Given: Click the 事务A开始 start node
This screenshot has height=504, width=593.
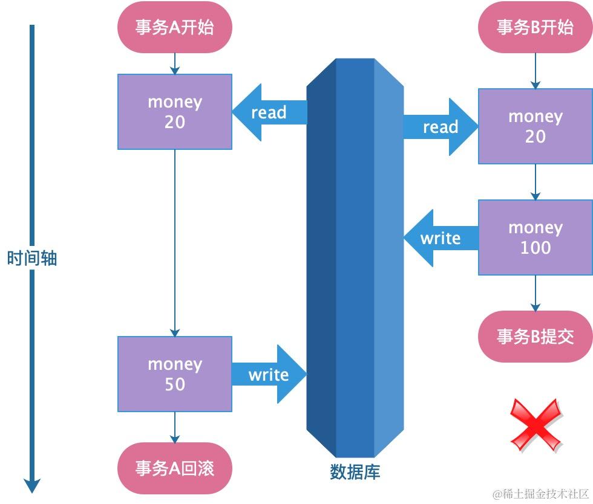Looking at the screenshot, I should pyautogui.click(x=175, y=28).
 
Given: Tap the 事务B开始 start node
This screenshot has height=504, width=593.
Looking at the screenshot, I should pyautogui.click(x=535, y=28).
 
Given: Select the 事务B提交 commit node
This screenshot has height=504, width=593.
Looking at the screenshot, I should pyautogui.click(x=535, y=337).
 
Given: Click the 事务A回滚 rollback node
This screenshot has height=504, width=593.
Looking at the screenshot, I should pyautogui.click(x=175, y=468).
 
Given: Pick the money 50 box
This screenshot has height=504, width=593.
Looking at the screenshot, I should pyautogui.click(x=175, y=374).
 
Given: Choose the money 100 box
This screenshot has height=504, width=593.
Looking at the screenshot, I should pyautogui.click(x=535, y=237).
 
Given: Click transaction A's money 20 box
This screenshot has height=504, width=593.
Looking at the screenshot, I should pyautogui.click(x=175, y=112).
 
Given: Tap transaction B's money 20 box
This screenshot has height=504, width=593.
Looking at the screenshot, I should pyautogui.click(x=535, y=126).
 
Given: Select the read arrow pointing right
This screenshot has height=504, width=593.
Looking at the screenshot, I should pyautogui.click(x=441, y=127).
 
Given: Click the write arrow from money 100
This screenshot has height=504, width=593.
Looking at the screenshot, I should pyautogui.click(x=440, y=238).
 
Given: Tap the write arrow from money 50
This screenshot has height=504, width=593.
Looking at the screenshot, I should pyautogui.click(x=269, y=375).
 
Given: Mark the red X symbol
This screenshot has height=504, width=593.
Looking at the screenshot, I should pyautogui.click(x=536, y=424).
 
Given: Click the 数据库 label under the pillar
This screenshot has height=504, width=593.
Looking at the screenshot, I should pyautogui.click(x=355, y=472).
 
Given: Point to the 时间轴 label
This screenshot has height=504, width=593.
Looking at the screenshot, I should pyautogui.click(x=32, y=259).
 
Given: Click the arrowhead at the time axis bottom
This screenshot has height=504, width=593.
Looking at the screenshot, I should pyautogui.click(x=32, y=485).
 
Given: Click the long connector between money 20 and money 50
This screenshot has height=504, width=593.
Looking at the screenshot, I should pyautogui.click(x=175, y=242).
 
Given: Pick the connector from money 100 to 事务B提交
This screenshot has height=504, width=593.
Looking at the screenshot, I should pyautogui.click(x=535, y=293).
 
